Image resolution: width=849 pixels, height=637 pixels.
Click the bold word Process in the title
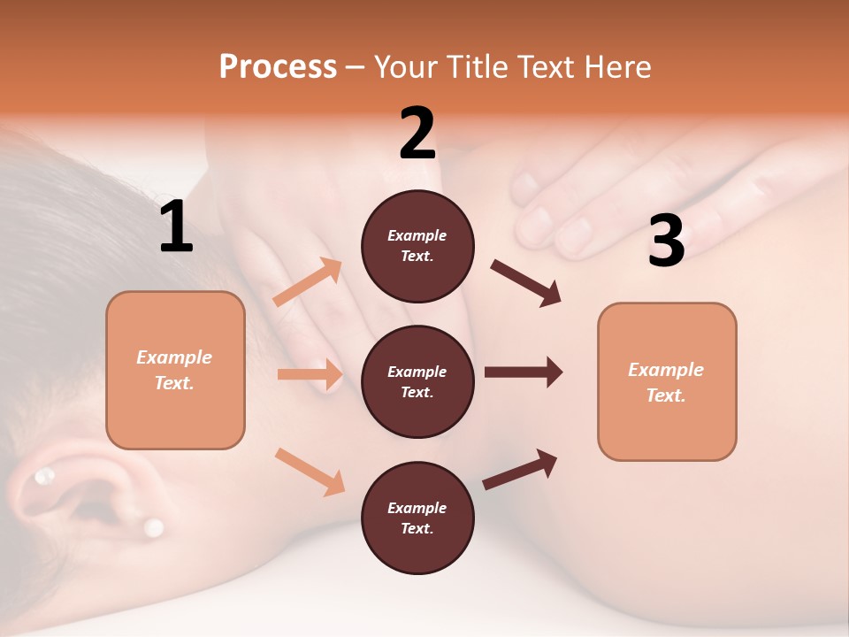278,66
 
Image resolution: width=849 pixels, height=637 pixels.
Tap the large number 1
176,227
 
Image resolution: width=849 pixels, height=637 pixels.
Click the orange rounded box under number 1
175,370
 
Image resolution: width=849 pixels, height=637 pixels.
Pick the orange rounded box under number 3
667,381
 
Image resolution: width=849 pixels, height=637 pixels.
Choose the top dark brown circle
417,246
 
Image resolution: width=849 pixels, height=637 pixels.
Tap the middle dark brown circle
417,381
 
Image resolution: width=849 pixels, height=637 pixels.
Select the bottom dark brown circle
417,518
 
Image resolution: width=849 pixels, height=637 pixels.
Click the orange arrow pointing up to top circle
308,283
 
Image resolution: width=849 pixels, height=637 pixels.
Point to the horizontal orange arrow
310,374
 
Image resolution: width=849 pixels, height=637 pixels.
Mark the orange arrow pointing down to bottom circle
310,471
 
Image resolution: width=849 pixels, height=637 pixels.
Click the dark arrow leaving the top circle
526,283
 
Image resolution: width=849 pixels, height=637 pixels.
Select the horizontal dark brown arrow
523,372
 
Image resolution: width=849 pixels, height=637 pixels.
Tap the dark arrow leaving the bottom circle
520,470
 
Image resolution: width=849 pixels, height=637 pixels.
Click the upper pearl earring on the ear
42,478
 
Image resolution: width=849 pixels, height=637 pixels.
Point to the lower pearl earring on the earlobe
154,528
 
